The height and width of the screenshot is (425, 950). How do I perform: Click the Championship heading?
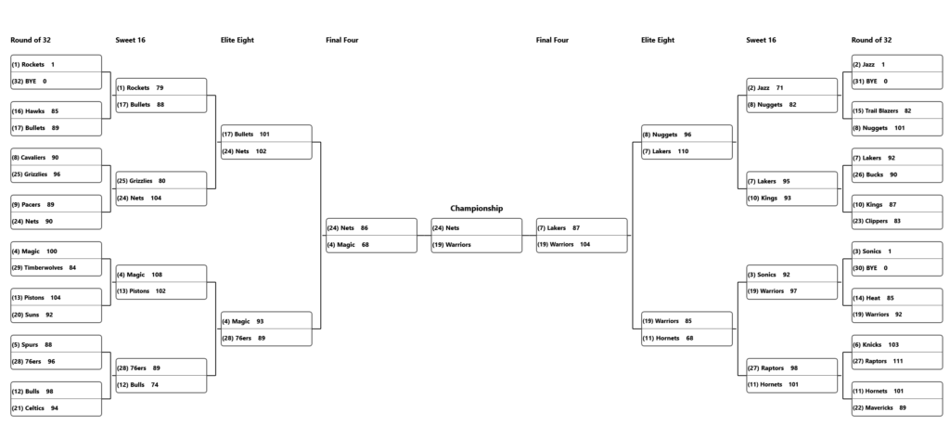click(x=476, y=208)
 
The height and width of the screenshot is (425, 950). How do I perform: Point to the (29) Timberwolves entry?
click(x=37, y=268)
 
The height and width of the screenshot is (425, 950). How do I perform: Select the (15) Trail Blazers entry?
click(x=875, y=111)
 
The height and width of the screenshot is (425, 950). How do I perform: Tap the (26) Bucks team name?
click(x=867, y=174)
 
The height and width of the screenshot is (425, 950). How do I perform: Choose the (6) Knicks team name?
click(x=867, y=344)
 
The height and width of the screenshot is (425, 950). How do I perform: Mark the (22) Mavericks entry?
click(x=872, y=408)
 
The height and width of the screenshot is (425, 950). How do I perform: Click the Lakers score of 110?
click(x=683, y=151)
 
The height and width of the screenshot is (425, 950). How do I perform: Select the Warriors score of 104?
click(x=584, y=244)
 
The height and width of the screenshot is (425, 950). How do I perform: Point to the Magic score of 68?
click(x=366, y=245)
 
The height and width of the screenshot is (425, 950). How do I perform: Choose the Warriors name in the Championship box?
click(x=452, y=245)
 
